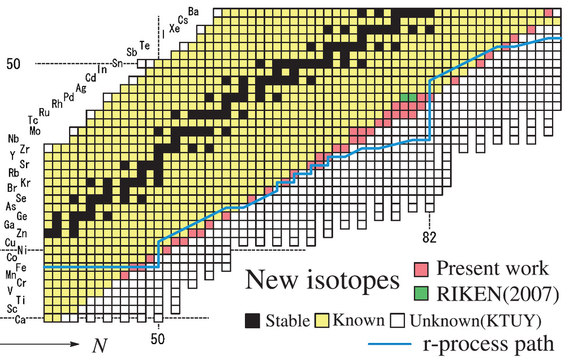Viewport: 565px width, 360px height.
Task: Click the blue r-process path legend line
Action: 390,344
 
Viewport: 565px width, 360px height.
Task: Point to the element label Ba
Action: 193,11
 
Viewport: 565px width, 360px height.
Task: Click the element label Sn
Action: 118,63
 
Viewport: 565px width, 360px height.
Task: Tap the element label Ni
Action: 22,250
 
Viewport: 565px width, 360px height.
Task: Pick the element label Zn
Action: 22,233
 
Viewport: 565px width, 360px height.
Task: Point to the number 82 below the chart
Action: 432,237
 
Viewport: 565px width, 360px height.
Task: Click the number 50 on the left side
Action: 13,64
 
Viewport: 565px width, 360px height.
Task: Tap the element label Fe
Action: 20,267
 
